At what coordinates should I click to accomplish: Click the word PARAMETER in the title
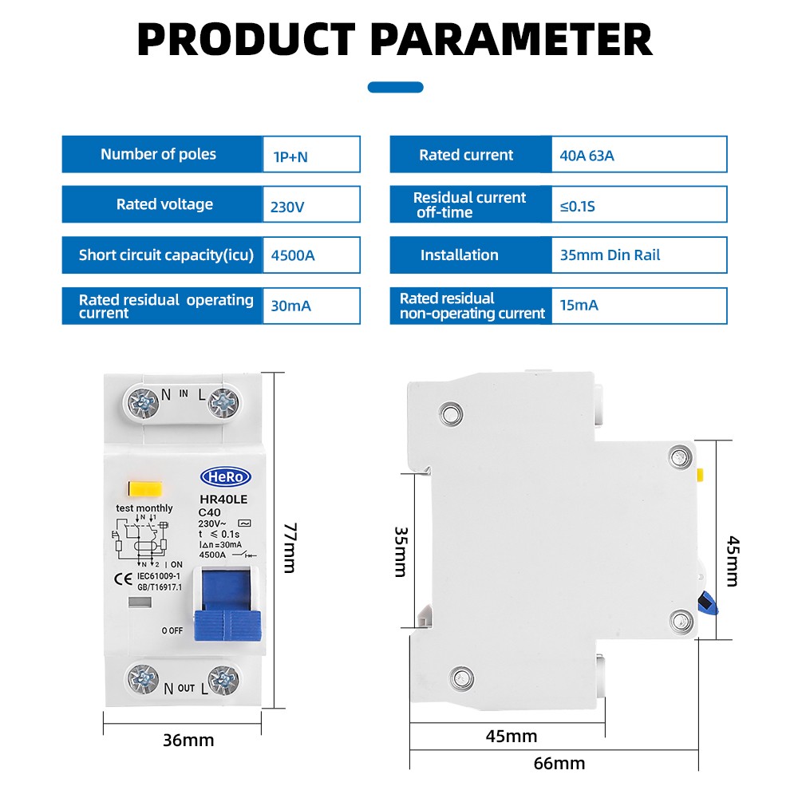(512, 40)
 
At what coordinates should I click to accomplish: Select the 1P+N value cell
(311, 154)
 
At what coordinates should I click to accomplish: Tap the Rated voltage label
(164, 204)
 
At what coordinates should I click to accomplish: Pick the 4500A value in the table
(293, 255)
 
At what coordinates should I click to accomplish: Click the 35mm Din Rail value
(610, 255)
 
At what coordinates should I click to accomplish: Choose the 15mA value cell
(639, 306)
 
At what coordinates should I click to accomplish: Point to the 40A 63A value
(587, 156)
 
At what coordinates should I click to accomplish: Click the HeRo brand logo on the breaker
(226, 477)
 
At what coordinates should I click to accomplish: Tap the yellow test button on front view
(145, 489)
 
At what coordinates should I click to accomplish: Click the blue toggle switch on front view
(227, 605)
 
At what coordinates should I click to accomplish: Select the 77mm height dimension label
(290, 547)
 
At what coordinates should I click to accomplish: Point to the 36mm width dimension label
(188, 740)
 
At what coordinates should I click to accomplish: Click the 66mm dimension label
(559, 764)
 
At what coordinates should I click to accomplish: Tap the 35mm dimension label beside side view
(401, 551)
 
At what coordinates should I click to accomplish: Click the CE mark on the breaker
(123, 579)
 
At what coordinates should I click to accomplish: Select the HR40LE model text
(223, 500)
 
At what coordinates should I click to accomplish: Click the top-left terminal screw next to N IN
(143, 403)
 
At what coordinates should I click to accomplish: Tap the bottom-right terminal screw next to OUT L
(223, 680)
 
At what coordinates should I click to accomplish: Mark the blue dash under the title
(396, 87)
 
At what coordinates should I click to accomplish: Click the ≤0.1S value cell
(639, 204)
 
